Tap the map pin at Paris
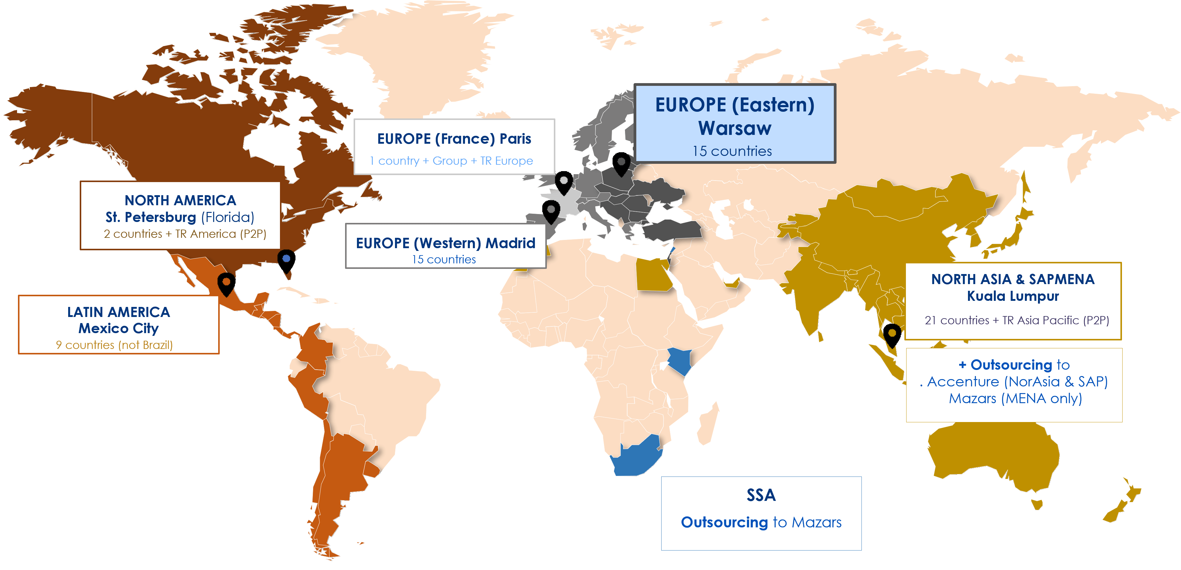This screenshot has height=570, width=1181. pos(564,182)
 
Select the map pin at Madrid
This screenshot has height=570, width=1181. pos(550,211)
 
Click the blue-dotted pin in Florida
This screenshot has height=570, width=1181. pos(286,260)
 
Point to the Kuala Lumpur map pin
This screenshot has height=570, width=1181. pos(892,334)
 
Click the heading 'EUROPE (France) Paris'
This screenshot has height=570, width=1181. pos(454,139)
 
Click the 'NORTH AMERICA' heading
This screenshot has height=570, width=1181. pos(180,200)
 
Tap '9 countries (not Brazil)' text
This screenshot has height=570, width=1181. pos(114,345)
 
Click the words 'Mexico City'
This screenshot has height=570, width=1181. pos(118,328)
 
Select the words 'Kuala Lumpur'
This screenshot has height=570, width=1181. pos(1013,296)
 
